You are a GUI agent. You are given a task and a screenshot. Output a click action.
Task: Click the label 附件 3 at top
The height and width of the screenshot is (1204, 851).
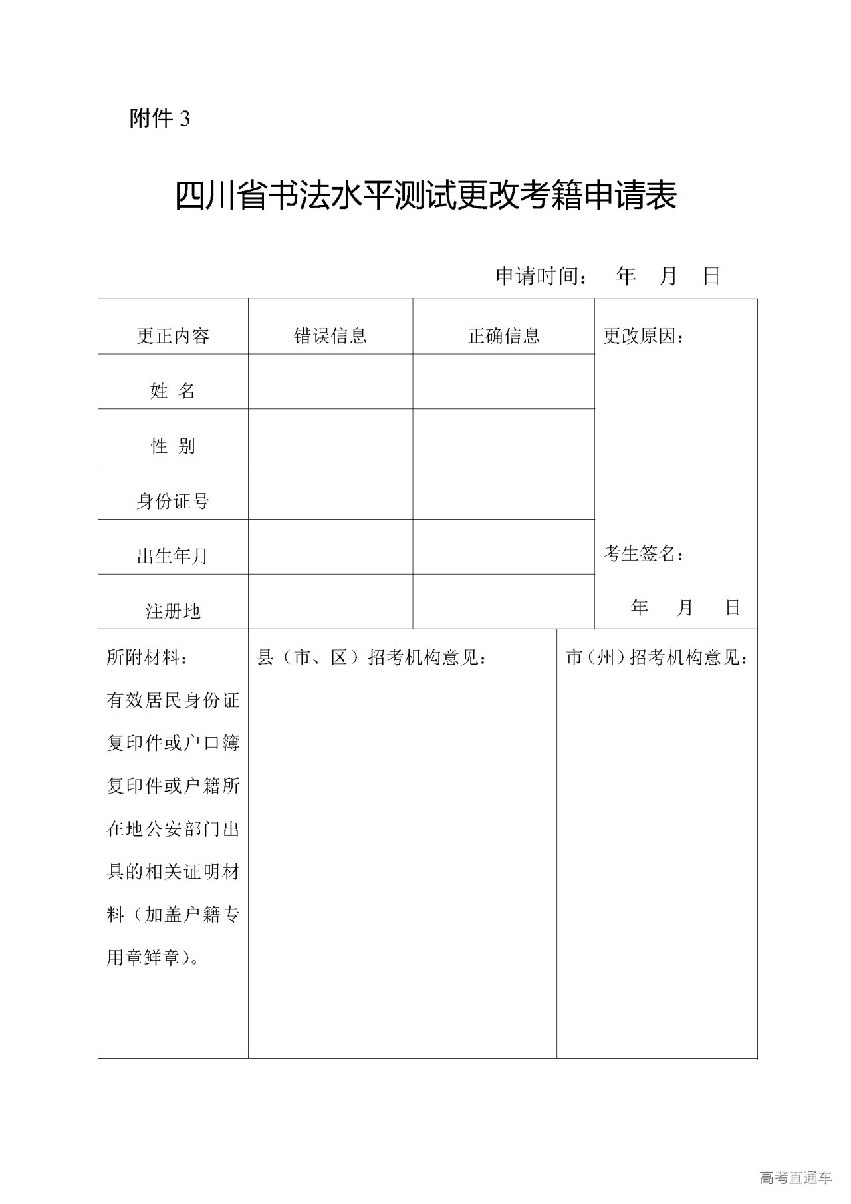[160, 119]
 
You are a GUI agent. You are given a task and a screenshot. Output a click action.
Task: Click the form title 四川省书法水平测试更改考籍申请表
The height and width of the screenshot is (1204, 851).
[425, 196]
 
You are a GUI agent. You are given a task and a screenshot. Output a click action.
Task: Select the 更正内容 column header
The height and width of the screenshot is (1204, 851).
[173, 336]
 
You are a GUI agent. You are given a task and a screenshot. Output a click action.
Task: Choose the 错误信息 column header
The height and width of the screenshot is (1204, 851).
[330, 336]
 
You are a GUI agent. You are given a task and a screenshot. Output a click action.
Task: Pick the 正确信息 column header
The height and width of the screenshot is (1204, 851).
[504, 336]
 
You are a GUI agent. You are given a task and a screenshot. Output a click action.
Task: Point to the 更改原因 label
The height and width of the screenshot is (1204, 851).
[644, 336]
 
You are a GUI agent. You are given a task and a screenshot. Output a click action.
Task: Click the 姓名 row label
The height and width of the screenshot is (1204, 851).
[173, 391]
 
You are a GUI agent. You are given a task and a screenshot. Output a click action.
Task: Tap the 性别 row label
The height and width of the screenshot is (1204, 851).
[173, 446]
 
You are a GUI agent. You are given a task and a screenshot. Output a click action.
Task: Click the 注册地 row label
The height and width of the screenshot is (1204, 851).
[173, 611]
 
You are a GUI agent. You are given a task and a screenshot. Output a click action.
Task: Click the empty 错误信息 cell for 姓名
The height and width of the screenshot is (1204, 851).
[330, 381]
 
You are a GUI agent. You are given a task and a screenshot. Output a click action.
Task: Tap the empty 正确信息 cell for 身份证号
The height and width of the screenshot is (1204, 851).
[504, 492]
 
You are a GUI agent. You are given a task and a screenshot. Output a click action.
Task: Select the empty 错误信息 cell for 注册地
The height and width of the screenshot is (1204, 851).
[330, 602]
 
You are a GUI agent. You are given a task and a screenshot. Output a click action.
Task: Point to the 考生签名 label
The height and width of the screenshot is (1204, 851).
[644, 553]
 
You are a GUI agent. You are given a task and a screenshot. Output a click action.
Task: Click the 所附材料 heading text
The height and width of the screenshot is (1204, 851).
[147, 658]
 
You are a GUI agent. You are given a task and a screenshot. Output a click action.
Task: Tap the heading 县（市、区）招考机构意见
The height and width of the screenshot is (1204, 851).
[372, 658]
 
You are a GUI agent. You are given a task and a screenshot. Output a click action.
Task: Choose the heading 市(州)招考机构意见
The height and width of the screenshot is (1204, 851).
[657, 658]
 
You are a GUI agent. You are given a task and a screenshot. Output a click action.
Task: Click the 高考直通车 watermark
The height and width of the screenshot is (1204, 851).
[795, 1177]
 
